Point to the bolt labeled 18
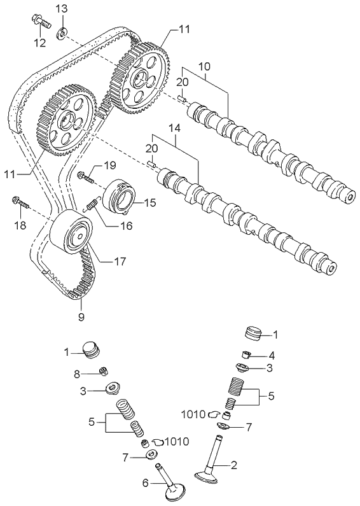20,204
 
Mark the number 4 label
271,355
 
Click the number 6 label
145,484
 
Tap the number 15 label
151,203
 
